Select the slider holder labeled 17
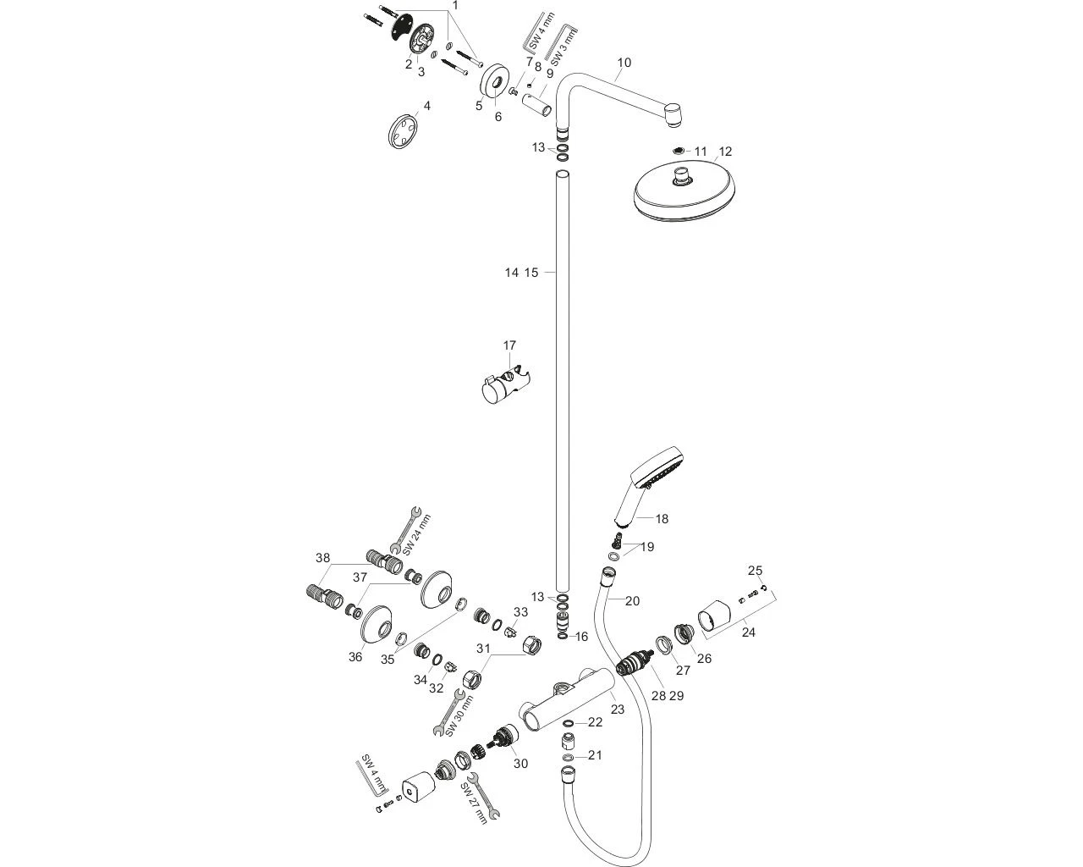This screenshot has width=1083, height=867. pos(506,385)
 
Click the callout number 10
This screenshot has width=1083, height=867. pos(624,63)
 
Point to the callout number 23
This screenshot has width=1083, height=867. pos(618,710)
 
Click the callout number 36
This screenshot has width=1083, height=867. pos(355,657)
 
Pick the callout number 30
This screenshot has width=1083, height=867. pos(520,764)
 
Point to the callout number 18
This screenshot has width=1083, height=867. pos(661,518)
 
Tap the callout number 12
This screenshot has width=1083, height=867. pos(724,152)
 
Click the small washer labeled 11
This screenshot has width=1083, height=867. pos(679,152)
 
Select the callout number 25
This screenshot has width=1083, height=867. pos(756,570)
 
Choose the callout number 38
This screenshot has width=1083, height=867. pos(322,558)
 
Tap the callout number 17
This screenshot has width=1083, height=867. pos(509,345)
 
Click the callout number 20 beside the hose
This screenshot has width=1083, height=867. pos(632,601)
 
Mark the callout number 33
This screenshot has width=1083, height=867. pos(520,612)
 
